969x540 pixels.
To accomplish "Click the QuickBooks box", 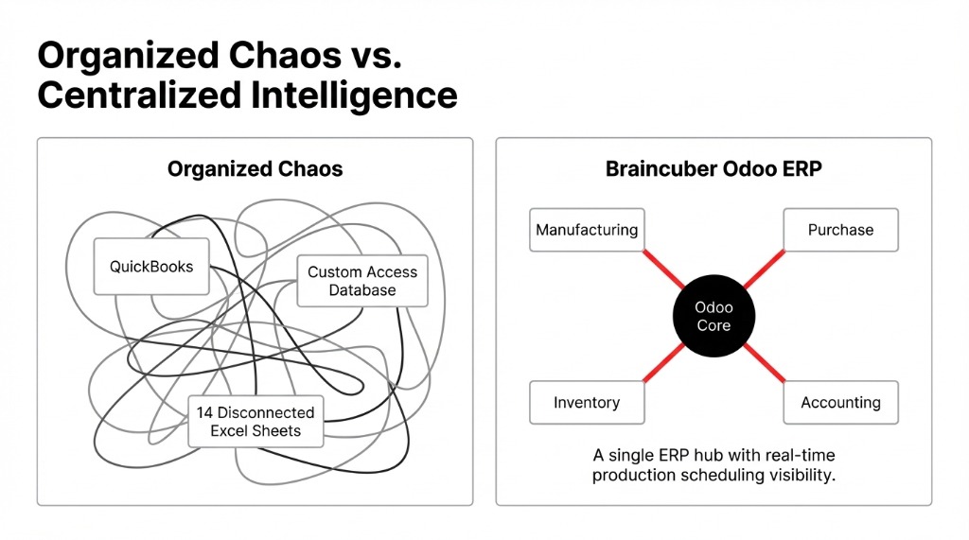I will pos(151,267).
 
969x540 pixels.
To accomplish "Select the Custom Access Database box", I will pos(362,281).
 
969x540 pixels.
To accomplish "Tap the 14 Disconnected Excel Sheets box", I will pos(255,422).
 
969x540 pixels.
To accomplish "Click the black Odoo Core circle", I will pos(714,317).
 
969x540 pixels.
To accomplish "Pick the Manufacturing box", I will pos(587,230).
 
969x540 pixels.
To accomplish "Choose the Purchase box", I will pos(840,230).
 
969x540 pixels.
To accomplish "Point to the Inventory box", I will pos(587,403).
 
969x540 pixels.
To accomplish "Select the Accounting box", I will pos(840,403).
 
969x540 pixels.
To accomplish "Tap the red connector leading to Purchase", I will pos(765,269).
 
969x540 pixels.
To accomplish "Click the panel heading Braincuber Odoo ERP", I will pos(714,170).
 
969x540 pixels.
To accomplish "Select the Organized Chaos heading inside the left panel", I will pos(255,170).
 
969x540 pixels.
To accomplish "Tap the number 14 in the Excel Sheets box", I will pos(205,412).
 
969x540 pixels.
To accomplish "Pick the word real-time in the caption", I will pos(802,456).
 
